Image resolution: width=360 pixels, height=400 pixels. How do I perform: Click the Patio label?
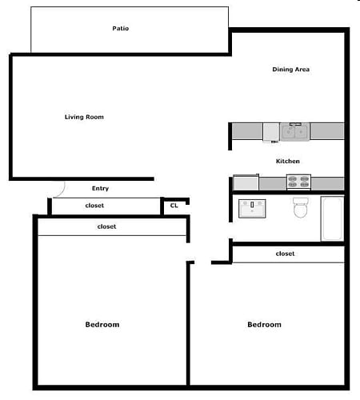pyautogui.click(x=121, y=29)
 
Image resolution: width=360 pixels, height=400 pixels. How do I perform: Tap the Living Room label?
pyautogui.click(x=84, y=118)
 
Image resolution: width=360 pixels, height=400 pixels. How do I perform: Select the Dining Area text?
pyautogui.click(x=290, y=70)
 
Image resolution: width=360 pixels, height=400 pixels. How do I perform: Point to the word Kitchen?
pyautogui.click(x=288, y=162)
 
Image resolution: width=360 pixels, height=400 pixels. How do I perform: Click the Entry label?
pyautogui.click(x=100, y=189)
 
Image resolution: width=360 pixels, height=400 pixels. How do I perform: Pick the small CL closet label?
pyautogui.click(x=174, y=206)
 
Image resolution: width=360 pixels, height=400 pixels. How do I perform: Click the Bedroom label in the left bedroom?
pyautogui.click(x=102, y=325)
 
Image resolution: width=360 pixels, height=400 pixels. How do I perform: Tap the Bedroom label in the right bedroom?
pyautogui.click(x=264, y=325)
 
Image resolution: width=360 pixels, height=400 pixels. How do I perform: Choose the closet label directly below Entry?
pyautogui.click(x=94, y=206)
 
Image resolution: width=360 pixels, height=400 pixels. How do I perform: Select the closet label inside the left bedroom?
pyautogui.click(x=106, y=226)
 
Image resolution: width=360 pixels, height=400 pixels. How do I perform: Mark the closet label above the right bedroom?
pyautogui.click(x=285, y=254)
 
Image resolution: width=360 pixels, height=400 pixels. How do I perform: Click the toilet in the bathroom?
pyautogui.click(x=301, y=208)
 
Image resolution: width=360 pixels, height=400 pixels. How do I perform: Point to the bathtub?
pyautogui.click(x=332, y=218)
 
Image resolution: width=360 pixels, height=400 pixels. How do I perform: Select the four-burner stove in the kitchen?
pyautogui.click(x=297, y=183)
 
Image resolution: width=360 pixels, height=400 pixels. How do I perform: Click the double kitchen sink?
pyautogui.click(x=294, y=132)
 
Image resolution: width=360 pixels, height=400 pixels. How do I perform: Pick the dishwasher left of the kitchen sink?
pyautogui.click(x=271, y=132)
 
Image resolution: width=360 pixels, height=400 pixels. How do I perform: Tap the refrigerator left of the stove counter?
pyautogui.click(x=245, y=183)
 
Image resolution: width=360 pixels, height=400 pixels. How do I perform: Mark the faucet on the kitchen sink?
pyautogui.click(x=294, y=125)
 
